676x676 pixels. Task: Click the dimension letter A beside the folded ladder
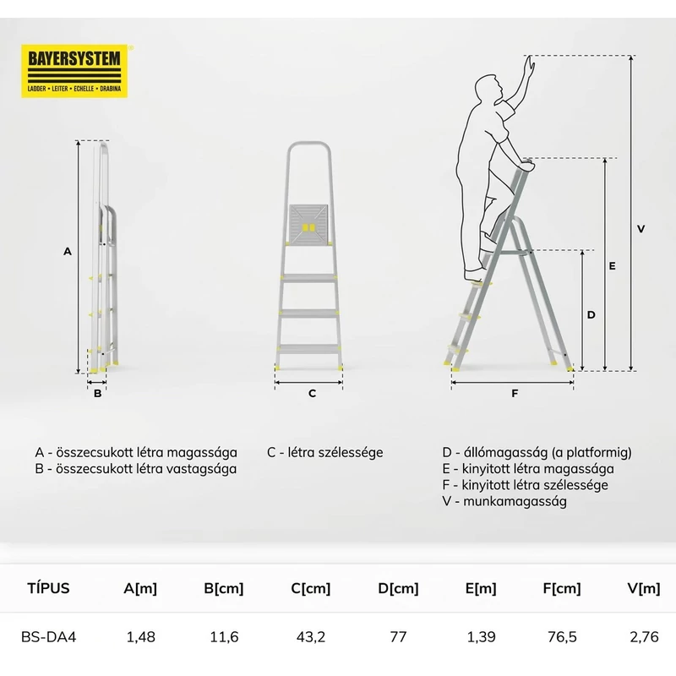point(68,251)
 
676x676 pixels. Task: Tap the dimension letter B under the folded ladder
point(97,393)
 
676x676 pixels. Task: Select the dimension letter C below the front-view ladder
point(311,393)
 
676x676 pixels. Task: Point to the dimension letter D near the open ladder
point(591,313)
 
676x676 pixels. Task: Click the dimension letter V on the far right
point(641,228)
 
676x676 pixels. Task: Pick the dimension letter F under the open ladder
point(514,393)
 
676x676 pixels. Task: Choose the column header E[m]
point(482,589)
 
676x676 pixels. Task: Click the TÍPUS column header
point(49,589)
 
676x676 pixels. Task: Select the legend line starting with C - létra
point(325,452)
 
